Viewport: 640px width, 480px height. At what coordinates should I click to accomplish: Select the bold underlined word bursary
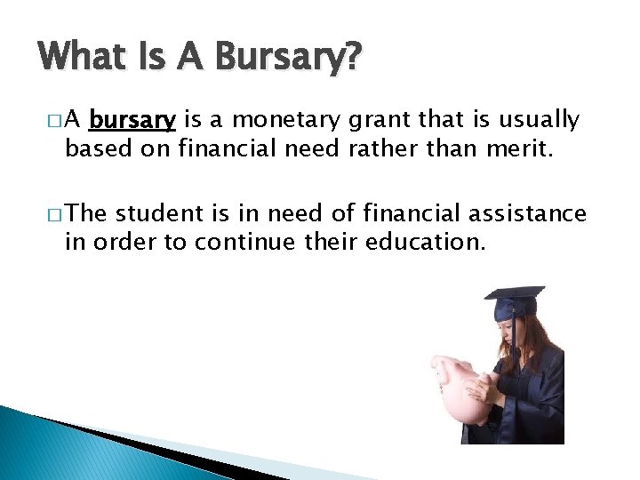(132, 119)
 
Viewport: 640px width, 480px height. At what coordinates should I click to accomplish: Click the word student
(159, 213)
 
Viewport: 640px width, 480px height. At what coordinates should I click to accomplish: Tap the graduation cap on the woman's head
(516, 303)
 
